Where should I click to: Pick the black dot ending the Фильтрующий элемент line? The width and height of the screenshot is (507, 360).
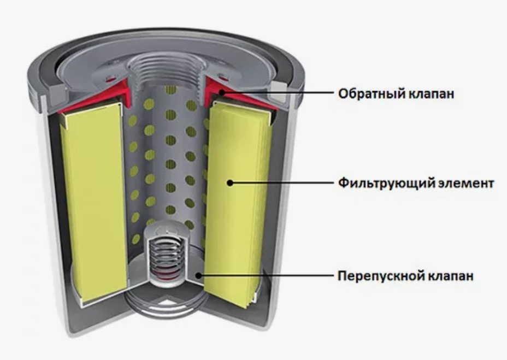coord(230,183)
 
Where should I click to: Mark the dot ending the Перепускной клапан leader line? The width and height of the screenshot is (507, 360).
coord(202,276)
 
